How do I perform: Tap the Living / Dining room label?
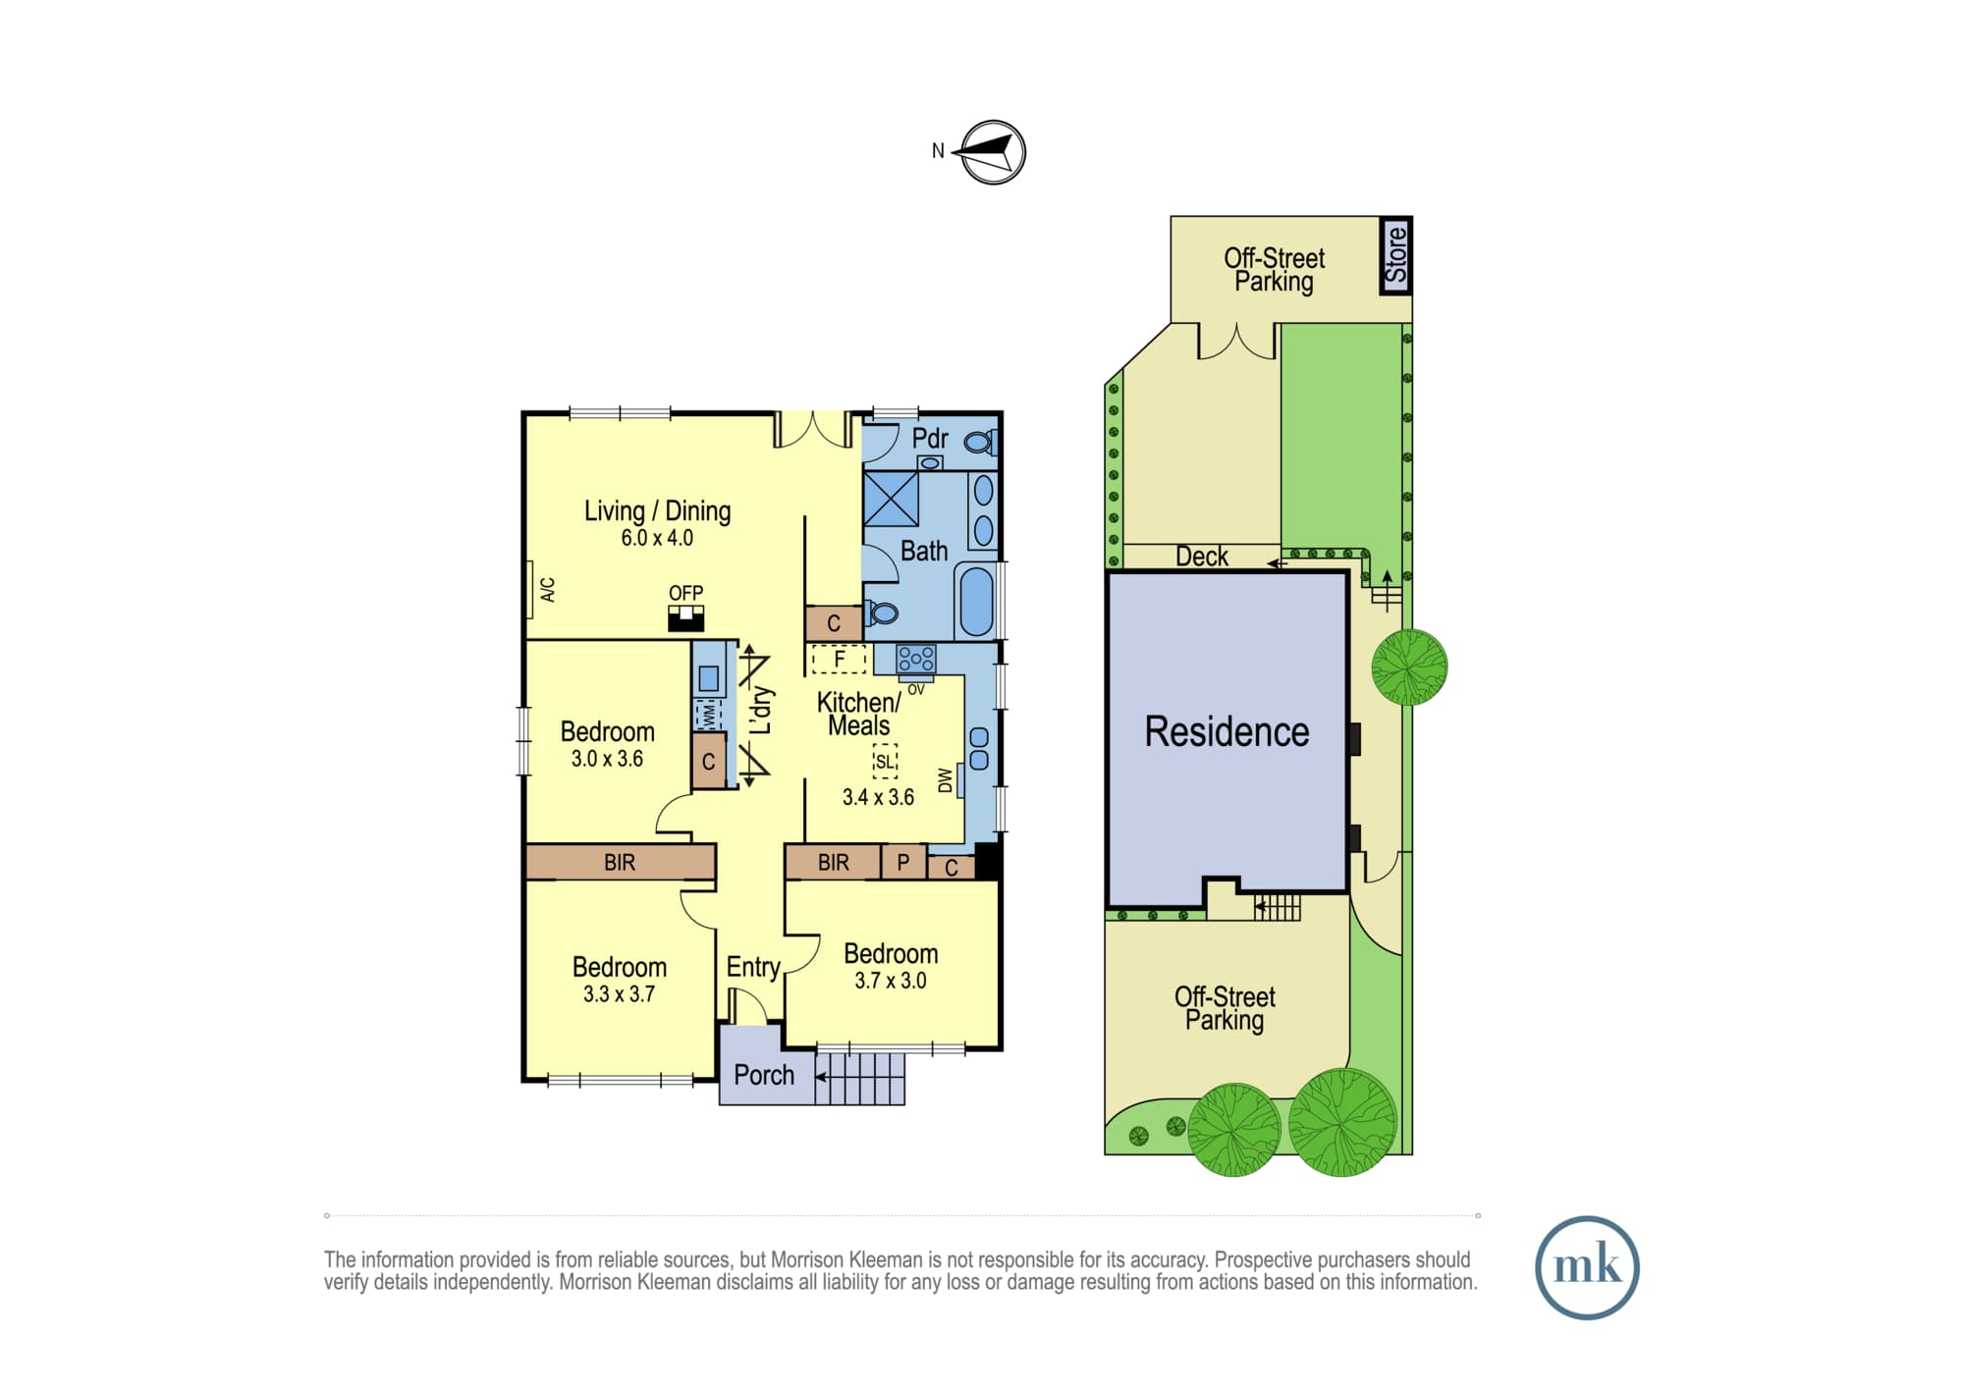point(657,510)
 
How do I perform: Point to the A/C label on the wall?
point(548,589)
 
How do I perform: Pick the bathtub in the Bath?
point(976,601)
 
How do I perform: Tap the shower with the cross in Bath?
point(891,499)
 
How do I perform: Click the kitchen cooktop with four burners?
point(916,659)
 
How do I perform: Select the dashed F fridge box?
point(839,659)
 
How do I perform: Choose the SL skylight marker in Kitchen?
point(885,762)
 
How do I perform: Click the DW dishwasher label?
point(945,780)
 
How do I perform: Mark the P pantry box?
point(903,862)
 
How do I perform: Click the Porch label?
point(764,1075)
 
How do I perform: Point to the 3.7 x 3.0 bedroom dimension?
point(890,980)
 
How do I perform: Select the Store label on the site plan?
point(1395,255)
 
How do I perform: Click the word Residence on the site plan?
point(1227,731)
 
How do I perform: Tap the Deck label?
point(1202,557)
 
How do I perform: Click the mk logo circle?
point(1587,1267)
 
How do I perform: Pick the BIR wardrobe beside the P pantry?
point(833,862)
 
